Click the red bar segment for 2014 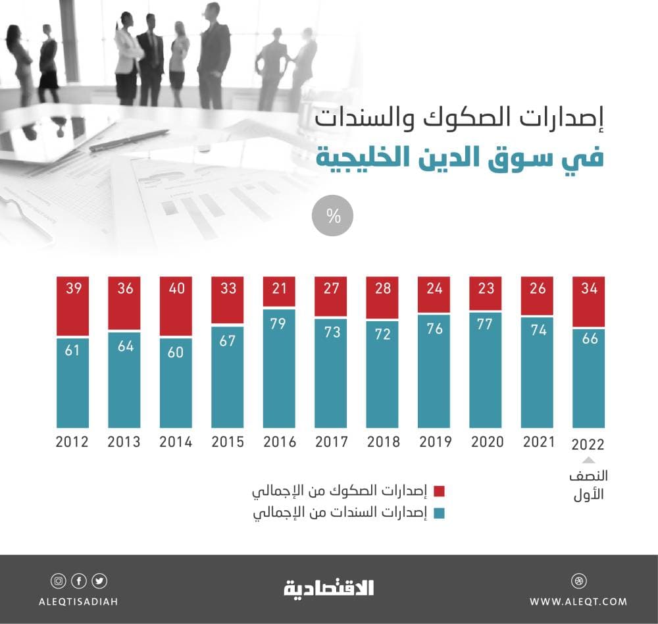click(176, 306)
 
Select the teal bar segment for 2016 click(280, 369)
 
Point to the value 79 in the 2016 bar click(280, 324)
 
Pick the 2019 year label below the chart click(435, 442)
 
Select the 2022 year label click(588, 444)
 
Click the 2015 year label click(228, 442)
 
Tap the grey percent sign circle click(332, 217)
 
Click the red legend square click(440, 491)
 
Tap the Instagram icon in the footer click(58, 581)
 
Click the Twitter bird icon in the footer click(99, 581)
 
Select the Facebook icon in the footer click(79, 581)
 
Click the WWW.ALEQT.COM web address click(578, 601)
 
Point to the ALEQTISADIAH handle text click(78, 601)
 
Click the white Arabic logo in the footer click(328, 588)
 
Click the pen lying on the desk click(129, 140)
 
